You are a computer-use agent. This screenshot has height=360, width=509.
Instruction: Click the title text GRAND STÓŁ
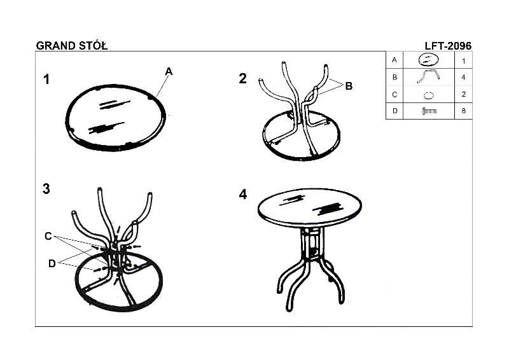(72, 46)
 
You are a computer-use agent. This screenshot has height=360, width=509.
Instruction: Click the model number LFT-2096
(448, 46)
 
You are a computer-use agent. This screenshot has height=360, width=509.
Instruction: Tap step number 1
(46, 80)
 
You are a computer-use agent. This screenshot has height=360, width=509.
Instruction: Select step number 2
(243, 79)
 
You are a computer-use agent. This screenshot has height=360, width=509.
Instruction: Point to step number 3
(46, 189)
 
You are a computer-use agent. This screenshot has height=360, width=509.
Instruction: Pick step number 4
(243, 195)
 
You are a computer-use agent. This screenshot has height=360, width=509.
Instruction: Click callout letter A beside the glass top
(169, 71)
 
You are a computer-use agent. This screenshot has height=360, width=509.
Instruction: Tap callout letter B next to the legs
(349, 86)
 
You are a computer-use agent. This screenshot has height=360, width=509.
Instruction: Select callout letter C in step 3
(48, 236)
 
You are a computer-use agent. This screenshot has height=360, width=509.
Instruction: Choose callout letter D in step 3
(52, 263)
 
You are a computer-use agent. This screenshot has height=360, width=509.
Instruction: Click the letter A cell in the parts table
(394, 60)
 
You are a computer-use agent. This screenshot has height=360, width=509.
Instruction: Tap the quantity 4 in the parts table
(463, 77)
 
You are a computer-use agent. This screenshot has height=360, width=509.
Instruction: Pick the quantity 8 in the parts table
(463, 111)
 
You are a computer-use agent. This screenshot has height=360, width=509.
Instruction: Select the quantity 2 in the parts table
(463, 94)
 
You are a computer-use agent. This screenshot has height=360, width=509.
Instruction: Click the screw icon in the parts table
(429, 111)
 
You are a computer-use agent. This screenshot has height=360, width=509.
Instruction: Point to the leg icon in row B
(428, 75)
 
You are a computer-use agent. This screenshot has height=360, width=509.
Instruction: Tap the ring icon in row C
(428, 95)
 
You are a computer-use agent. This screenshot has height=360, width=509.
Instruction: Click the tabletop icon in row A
(428, 60)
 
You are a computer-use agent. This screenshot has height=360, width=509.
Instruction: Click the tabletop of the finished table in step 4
(310, 207)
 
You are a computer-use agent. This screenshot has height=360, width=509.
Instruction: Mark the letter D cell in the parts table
(394, 111)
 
